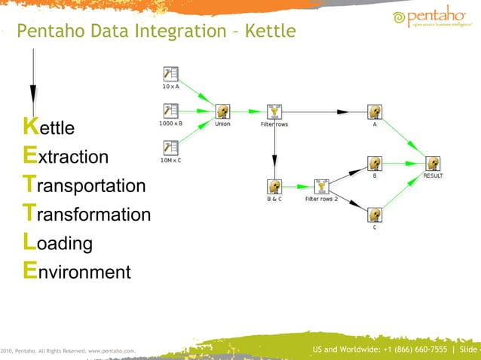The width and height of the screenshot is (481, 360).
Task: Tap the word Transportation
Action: click(84, 185)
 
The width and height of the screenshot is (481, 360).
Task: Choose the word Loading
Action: click(58, 243)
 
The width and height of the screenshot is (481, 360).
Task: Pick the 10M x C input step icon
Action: click(171, 147)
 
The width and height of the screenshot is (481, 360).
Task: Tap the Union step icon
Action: click(222, 111)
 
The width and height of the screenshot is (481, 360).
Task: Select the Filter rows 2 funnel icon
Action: click(322, 186)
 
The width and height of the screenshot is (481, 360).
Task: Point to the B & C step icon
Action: click(274, 186)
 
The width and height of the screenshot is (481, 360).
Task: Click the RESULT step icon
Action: click(433, 163)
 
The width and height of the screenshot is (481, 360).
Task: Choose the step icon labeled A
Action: click(375, 111)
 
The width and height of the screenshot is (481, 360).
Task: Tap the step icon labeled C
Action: click(375, 215)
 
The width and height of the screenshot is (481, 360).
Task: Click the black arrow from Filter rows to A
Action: click(324, 111)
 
